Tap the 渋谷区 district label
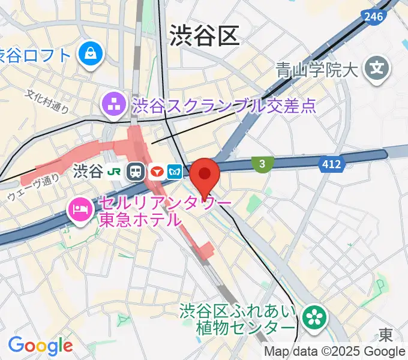tap(204, 35)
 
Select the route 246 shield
tap(373, 17)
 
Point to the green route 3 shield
tap(262, 163)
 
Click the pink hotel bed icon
tap(79, 209)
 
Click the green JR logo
tap(113, 172)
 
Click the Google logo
tap(40, 346)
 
